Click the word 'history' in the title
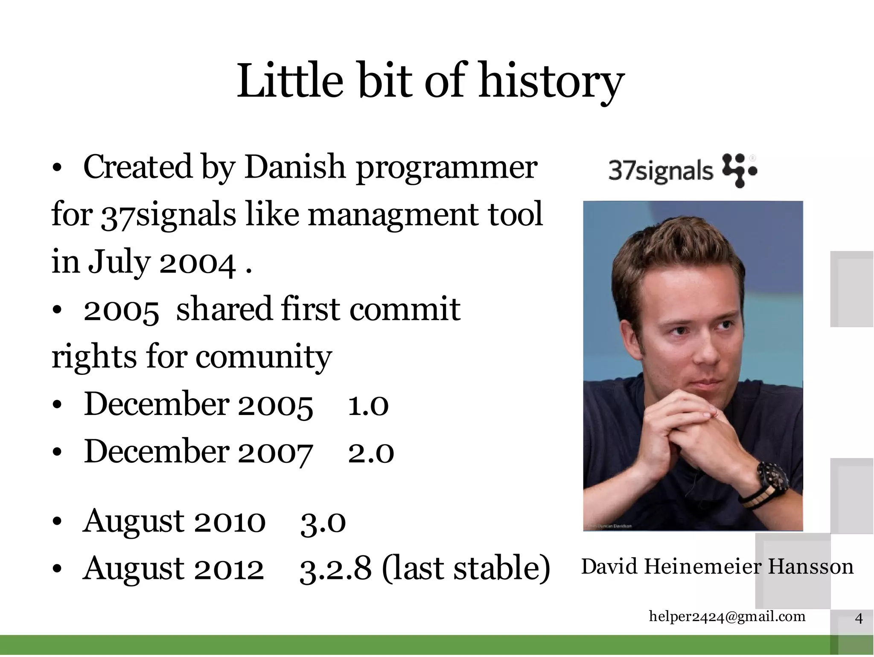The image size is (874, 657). [x=551, y=81]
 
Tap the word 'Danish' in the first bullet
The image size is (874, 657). [x=294, y=167]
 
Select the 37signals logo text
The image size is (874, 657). [x=660, y=172]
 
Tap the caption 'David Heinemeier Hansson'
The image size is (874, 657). [x=717, y=567]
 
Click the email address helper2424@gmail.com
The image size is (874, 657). [x=727, y=616]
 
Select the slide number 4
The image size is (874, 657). [x=859, y=618]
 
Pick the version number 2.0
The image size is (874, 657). [x=370, y=453]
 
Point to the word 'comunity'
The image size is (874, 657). [x=263, y=357]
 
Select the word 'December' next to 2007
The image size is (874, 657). [x=156, y=452]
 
